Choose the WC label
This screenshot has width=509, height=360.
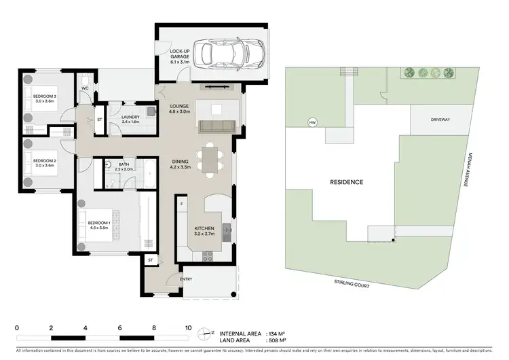point(86,88)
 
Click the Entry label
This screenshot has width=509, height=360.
point(186,279)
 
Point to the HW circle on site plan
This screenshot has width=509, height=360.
point(313,123)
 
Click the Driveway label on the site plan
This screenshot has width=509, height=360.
point(440,120)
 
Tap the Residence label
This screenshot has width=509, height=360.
point(346,182)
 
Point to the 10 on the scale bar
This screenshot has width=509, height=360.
point(188,327)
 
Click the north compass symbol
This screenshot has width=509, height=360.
point(206,334)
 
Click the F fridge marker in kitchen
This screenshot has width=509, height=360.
point(181,204)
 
